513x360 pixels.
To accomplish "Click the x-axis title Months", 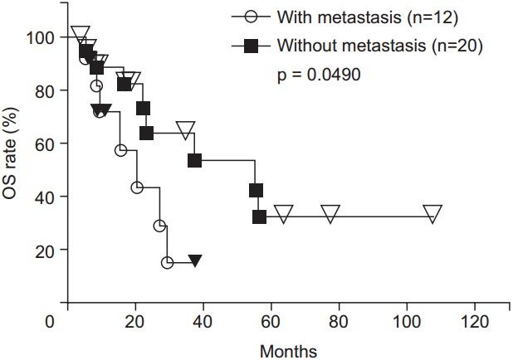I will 287,351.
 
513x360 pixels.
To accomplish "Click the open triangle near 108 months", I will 432,214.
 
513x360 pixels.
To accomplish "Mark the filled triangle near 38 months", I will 194,260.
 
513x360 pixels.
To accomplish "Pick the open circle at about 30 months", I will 167,262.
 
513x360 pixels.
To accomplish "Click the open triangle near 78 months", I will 330,214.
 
